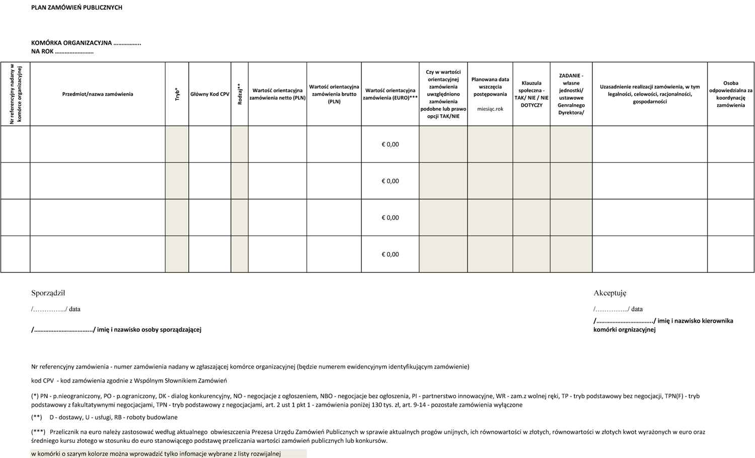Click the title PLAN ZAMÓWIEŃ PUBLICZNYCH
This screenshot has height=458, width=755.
coord(77,8)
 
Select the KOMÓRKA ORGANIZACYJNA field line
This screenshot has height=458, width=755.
coord(86,43)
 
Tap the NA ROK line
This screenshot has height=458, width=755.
coord(62,51)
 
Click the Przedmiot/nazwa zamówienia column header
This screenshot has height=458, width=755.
coord(98,94)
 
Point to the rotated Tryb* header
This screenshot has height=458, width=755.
coord(177,94)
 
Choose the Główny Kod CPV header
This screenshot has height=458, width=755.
coord(210,94)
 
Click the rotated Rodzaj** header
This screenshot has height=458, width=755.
coord(240,94)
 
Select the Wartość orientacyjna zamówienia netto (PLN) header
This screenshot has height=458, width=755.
coord(277,94)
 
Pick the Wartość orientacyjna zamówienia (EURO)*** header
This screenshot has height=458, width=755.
coord(390,94)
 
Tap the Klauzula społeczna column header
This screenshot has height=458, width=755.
coord(532,94)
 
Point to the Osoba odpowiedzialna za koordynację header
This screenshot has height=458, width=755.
coord(731,94)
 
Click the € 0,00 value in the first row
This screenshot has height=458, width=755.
coord(390,144)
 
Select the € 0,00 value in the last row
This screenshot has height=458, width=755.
coord(390,254)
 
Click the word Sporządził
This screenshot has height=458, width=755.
coord(48,293)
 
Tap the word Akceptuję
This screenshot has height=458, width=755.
coord(610,293)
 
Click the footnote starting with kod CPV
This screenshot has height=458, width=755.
coord(129,381)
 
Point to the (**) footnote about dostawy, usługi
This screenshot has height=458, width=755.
coord(104,417)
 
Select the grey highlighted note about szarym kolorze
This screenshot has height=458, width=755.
coord(156,454)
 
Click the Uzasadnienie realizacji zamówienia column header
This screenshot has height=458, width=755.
coord(650,94)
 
